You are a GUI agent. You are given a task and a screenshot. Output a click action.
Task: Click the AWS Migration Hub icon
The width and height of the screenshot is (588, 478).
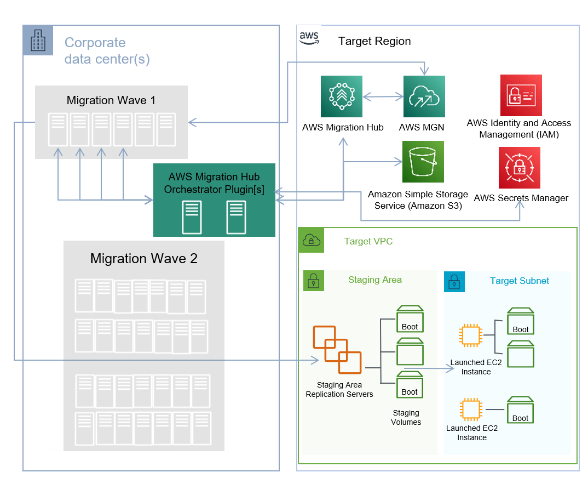[x=341, y=96]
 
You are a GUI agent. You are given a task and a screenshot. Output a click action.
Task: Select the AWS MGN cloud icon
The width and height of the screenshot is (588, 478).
[x=424, y=96]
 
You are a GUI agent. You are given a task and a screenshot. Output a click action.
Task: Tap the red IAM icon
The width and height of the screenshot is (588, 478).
[x=521, y=95]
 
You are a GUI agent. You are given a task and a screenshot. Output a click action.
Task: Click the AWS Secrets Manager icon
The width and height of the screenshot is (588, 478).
[x=519, y=168]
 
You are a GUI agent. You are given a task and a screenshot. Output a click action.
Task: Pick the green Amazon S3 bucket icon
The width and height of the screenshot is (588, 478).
[x=423, y=162]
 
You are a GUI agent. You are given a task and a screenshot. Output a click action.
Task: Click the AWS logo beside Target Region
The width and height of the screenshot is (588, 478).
[x=309, y=38]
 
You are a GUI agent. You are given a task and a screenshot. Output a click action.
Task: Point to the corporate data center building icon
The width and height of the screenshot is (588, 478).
[x=38, y=40]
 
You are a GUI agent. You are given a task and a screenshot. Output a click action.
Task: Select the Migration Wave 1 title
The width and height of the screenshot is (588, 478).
[x=111, y=100]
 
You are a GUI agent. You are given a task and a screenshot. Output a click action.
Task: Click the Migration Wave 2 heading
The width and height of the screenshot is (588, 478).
[x=143, y=259]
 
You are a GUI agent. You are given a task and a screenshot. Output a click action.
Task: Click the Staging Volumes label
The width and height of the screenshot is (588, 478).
[x=406, y=417]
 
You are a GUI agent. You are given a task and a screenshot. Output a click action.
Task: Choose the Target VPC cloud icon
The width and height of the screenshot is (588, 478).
[x=311, y=240]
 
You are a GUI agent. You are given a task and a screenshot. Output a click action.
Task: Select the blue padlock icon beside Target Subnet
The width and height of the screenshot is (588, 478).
[x=454, y=281]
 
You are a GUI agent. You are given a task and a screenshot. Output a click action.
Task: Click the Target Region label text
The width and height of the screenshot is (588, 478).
[x=374, y=41]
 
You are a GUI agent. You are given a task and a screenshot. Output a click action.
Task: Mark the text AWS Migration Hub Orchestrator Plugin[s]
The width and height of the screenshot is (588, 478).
[x=214, y=183]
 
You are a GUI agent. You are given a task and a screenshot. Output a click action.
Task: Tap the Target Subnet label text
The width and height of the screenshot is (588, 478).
[x=519, y=281]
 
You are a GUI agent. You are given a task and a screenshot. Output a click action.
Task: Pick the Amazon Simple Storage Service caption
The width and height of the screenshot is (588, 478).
[x=418, y=200]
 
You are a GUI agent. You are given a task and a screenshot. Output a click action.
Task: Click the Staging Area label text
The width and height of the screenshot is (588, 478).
[x=375, y=280]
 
